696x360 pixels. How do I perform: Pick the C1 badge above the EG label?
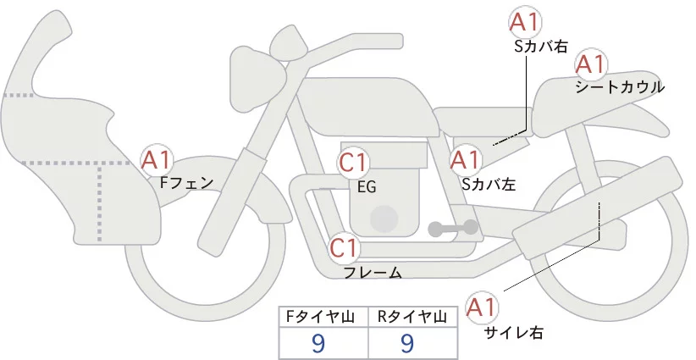[x=353, y=163]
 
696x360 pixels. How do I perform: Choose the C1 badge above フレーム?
[x=345, y=248]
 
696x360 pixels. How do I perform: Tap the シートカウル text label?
[x=620, y=87]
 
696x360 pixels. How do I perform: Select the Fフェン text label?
[x=185, y=181]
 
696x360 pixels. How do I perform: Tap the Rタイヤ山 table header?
[x=412, y=317]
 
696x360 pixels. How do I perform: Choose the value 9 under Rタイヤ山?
[x=407, y=342]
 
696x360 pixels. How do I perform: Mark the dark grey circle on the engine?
[x=385, y=219]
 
